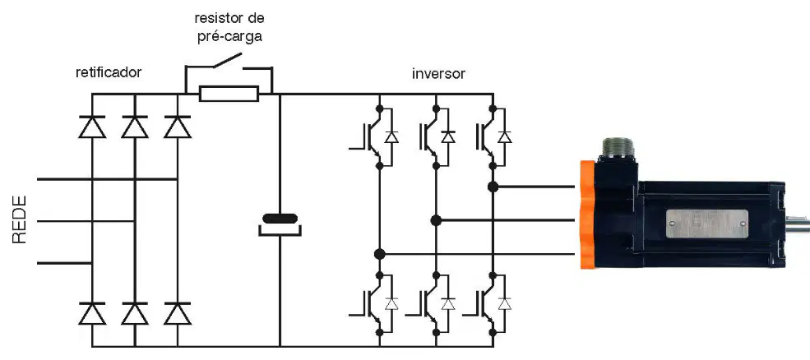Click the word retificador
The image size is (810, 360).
click(x=109, y=72)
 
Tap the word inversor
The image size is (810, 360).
click(x=438, y=73)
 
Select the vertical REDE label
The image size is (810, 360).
click(x=19, y=219)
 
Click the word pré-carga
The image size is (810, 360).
click(x=230, y=38)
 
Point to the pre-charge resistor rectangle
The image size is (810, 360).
click(x=229, y=94)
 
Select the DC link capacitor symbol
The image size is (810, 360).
click(x=280, y=224)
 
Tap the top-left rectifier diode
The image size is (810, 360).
click(x=92, y=127)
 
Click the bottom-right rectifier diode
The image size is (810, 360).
click(x=177, y=313)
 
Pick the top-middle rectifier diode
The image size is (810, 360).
click(x=135, y=127)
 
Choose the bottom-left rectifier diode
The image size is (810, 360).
click(x=92, y=313)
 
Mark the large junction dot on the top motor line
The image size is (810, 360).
click(x=493, y=187)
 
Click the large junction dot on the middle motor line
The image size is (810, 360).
click(x=436, y=220)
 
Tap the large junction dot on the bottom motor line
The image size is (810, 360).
click(x=380, y=254)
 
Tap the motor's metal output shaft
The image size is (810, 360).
click(x=798, y=224)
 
